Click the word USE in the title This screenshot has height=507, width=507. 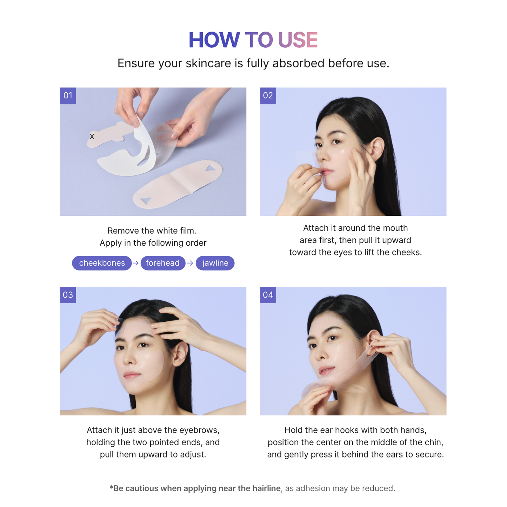click(298, 40)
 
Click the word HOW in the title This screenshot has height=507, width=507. click(214, 40)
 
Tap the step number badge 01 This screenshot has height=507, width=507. click(68, 95)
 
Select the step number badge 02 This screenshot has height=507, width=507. click(268, 95)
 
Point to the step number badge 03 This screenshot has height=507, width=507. click(68, 295)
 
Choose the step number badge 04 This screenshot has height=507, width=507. click(268, 295)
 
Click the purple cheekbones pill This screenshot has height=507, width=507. click(102, 263)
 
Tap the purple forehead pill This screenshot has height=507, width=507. click(163, 263)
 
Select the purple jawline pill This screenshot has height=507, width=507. click(215, 263)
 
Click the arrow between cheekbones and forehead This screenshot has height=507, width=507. click(136, 263)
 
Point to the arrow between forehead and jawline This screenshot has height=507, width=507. click(190, 263)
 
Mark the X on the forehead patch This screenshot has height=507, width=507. click(92, 136)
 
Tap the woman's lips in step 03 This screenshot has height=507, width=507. click(132, 376)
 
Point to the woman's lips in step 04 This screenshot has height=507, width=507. click(326, 371)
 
